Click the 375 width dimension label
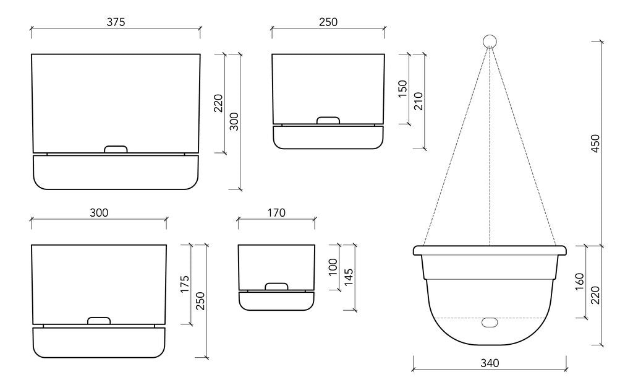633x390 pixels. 116,22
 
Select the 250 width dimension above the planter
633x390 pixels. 328,22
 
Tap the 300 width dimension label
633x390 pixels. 99,212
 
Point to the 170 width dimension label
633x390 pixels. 276,212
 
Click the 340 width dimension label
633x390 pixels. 489,363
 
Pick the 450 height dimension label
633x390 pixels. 595,143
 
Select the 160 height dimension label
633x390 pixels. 579,282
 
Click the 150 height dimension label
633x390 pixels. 403,89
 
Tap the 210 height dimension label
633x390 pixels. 418,101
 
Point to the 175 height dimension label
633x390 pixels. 185,285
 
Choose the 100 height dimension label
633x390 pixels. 334,267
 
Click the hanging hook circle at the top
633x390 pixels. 490,41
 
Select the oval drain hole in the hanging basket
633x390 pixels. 490,323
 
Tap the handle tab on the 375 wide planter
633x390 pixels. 116,149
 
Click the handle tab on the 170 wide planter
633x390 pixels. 276,286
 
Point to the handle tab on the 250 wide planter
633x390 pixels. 328,120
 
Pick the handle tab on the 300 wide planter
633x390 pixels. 99,321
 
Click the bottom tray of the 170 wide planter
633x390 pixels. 276,300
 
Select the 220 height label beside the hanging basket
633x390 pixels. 595,295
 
